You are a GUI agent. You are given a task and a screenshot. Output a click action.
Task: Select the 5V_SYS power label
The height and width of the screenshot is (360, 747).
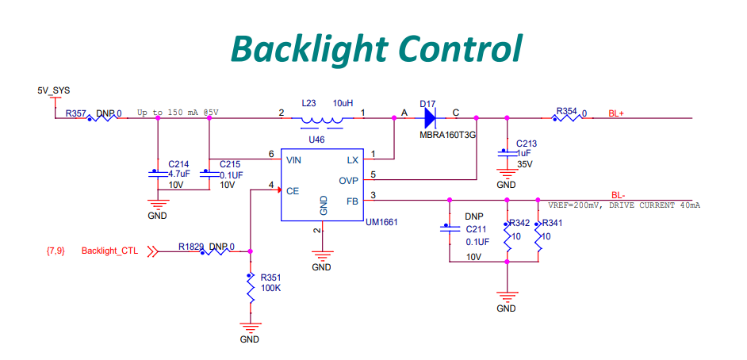pyautogui.click(x=54, y=92)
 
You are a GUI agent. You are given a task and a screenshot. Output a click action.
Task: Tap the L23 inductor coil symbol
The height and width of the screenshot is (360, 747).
pyautogui.click(x=322, y=121)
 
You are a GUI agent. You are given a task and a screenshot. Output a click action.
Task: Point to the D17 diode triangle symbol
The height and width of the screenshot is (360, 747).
pyautogui.click(x=430, y=118)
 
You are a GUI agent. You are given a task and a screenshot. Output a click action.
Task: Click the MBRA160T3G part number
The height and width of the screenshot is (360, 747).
pyautogui.click(x=447, y=135)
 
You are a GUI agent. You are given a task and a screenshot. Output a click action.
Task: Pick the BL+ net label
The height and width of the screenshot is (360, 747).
pyautogui.click(x=616, y=113)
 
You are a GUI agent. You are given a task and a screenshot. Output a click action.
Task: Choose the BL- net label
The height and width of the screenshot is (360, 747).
pyautogui.click(x=619, y=195)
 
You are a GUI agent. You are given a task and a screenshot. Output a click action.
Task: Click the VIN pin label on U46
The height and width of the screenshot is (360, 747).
pyautogui.click(x=293, y=159)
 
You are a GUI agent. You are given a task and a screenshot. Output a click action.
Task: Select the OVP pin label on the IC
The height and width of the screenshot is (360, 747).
pyautogui.click(x=348, y=181)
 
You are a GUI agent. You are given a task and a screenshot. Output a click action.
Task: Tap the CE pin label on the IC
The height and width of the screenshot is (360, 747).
pyautogui.click(x=292, y=191)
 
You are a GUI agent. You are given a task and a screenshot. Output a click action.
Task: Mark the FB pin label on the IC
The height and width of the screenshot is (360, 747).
pyautogui.click(x=352, y=201)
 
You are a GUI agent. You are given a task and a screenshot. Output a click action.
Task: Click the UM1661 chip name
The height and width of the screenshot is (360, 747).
pyautogui.click(x=381, y=223)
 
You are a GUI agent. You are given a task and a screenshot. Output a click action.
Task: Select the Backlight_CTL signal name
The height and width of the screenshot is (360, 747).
pyautogui.click(x=109, y=251)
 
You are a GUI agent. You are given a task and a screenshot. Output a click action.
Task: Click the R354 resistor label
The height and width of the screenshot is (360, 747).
pyautogui.click(x=566, y=112)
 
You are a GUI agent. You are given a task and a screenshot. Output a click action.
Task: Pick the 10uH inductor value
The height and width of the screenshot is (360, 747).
pyautogui.click(x=343, y=103)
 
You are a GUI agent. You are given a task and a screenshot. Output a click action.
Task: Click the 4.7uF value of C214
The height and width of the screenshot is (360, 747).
pyautogui.click(x=179, y=173)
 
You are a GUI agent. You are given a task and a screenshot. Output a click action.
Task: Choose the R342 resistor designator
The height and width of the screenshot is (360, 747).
pyautogui.click(x=520, y=224)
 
